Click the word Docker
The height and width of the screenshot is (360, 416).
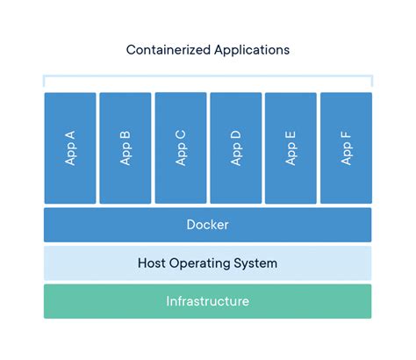tap(208, 225)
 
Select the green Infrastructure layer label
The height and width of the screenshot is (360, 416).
tap(208, 301)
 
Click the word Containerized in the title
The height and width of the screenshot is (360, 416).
tap(167, 50)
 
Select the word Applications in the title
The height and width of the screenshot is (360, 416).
tap(249, 50)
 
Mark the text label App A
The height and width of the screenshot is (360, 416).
tap(70, 148)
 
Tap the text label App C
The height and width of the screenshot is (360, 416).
tap(181, 148)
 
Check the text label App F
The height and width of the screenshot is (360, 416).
tap(346, 148)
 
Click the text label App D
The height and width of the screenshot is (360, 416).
tap(235, 148)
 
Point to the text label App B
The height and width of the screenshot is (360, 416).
tap(126, 148)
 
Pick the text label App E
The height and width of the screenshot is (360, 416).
tap(290, 148)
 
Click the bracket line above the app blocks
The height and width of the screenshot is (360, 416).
tap(208, 76)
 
